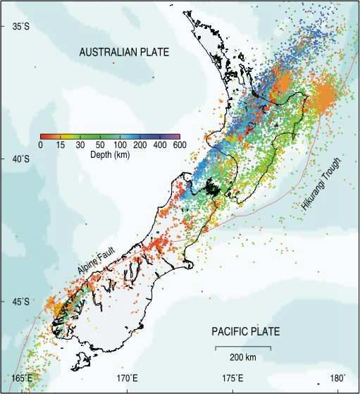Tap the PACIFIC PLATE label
(246, 331)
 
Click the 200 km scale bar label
(243, 356)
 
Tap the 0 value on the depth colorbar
(41, 145)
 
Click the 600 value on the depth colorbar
(179, 145)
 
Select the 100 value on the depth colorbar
(120, 145)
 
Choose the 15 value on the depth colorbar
(61, 145)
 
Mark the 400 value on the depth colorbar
(159, 145)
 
